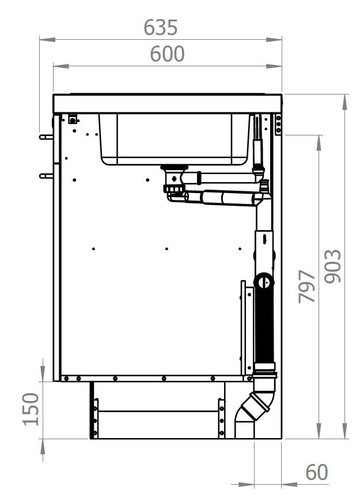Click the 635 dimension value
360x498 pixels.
[160, 27]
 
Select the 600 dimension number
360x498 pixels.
[167, 54]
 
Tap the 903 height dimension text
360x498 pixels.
[333, 266]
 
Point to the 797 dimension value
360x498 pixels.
[306, 286]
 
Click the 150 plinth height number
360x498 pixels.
[31, 409]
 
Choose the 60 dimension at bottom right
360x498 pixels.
[316, 472]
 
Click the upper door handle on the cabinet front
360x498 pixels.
[46, 137]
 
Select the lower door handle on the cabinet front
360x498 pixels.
[46, 176]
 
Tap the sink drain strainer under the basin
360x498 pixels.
[174, 167]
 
